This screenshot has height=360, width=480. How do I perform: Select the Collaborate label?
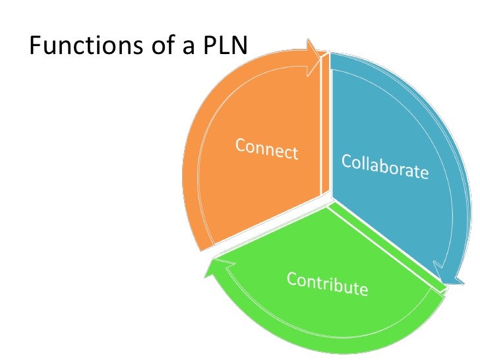(x=385, y=166)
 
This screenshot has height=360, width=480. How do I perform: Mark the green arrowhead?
(x=218, y=267)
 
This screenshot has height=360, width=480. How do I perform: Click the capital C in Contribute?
(x=291, y=279)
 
